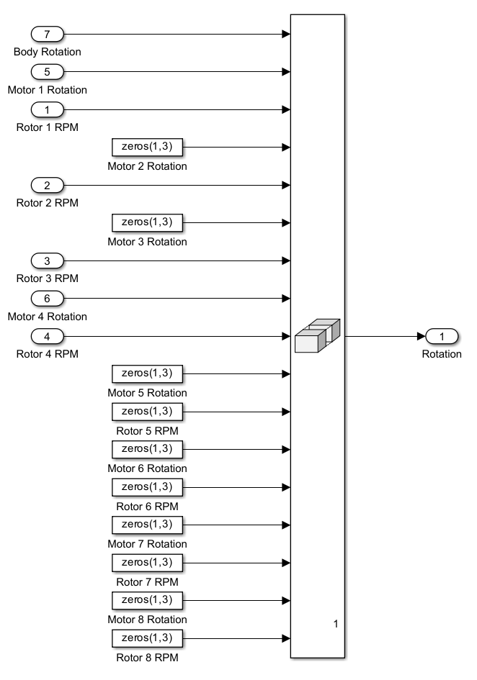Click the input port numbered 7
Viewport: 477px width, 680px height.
click(48, 34)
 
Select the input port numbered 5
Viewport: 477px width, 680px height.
click(48, 71)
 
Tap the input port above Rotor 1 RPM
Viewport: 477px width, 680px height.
click(48, 109)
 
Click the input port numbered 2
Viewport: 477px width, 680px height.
click(48, 185)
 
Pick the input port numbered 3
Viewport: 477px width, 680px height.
click(48, 260)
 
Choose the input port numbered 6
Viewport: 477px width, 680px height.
click(48, 298)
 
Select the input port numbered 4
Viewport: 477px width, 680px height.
click(48, 336)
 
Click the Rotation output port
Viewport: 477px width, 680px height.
click(442, 336)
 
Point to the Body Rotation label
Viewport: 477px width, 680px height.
click(48, 52)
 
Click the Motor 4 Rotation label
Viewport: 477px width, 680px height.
click(48, 317)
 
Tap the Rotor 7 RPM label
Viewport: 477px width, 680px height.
click(147, 581)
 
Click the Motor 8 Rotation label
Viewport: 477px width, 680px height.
click(147, 620)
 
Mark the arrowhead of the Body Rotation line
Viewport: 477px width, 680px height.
click(286, 34)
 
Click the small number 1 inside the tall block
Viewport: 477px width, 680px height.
click(336, 624)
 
